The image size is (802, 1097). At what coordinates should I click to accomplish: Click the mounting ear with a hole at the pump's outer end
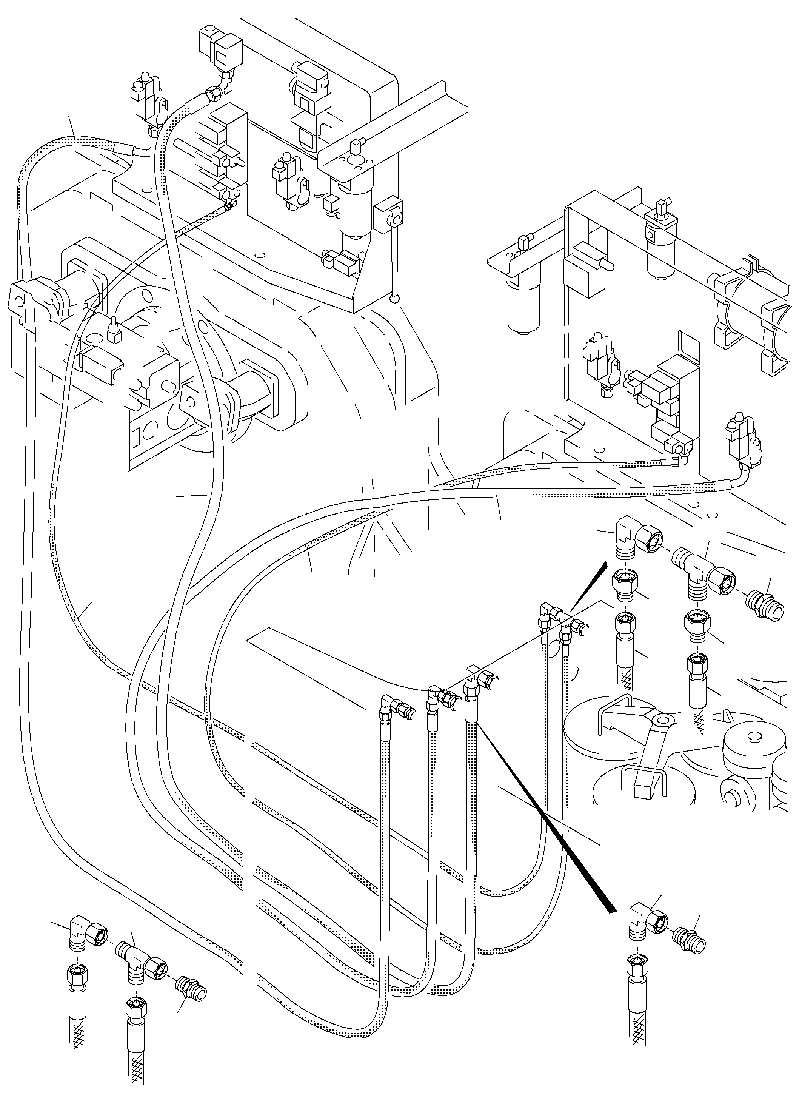[x=19, y=301]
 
